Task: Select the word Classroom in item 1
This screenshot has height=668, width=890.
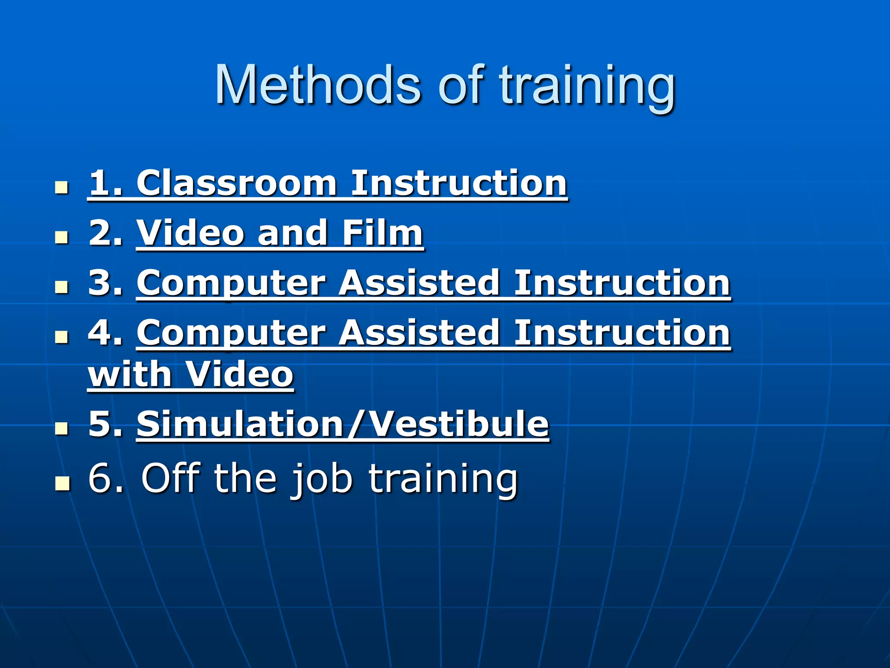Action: click(236, 184)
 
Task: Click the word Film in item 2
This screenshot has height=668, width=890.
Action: click(382, 233)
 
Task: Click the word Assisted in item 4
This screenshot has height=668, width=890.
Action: click(419, 333)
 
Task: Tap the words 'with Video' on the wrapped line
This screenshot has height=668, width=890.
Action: click(191, 374)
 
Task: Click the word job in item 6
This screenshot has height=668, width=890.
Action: click(322, 479)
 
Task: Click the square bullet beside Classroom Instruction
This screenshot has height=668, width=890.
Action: click(62, 188)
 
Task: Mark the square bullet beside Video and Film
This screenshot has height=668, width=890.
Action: click(62, 238)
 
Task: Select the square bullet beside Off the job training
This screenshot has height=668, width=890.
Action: click(62, 483)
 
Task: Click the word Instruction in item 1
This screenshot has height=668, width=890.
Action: click(458, 184)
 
